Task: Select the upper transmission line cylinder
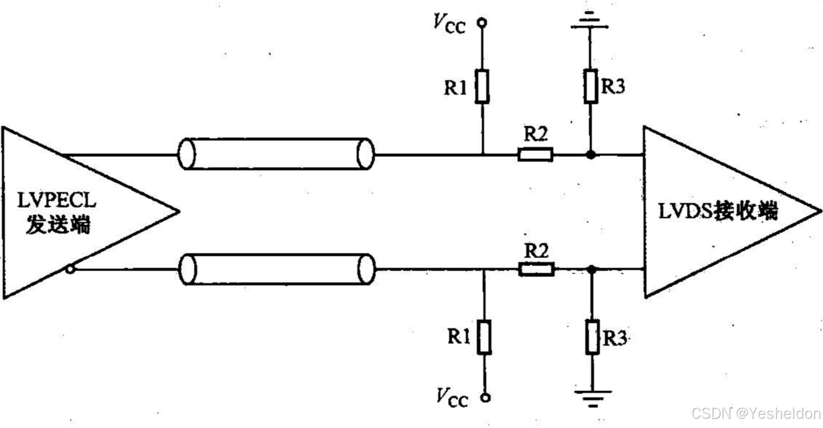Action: (276, 154)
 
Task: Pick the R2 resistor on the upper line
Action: (535, 154)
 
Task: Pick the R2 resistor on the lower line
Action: (536, 269)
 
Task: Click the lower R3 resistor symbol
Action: (593, 338)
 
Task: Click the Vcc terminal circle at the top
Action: (482, 23)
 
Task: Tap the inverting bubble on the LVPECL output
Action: (70, 269)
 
